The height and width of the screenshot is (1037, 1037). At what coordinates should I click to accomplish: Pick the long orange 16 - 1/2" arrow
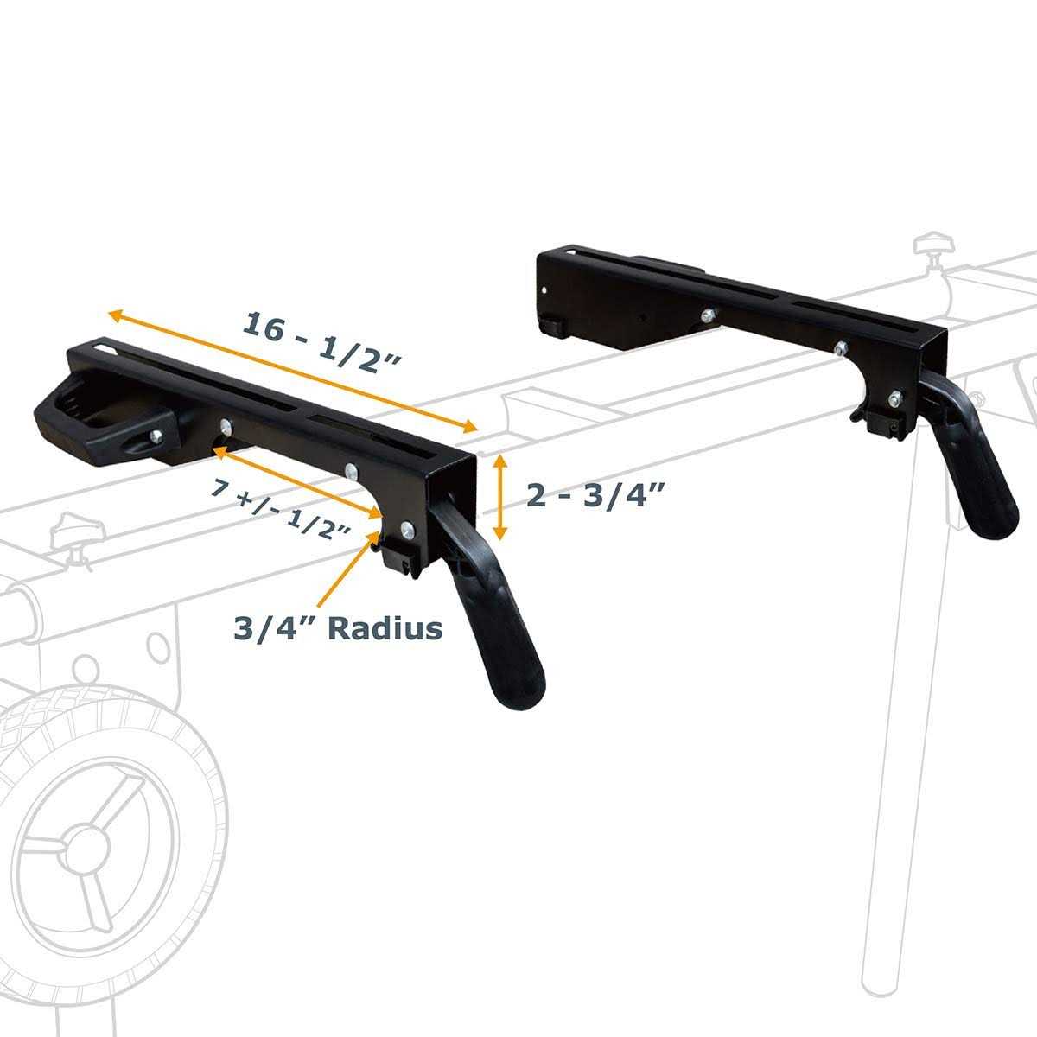[294, 371]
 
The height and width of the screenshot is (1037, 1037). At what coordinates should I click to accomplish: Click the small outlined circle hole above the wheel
[159, 645]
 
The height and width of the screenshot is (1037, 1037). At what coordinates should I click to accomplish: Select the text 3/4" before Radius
[273, 627]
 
